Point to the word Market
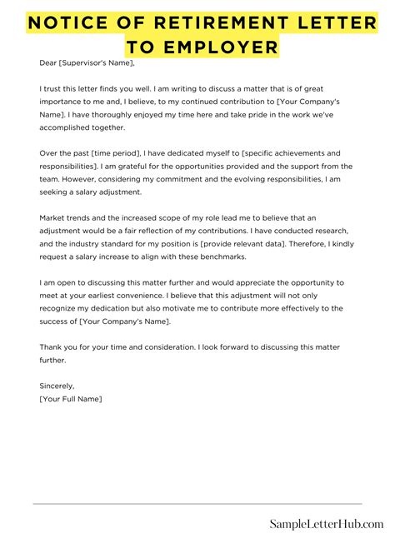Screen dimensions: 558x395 [53, 218]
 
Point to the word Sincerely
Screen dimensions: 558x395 [57, 386]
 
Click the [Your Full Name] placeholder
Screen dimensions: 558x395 [71, 400]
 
